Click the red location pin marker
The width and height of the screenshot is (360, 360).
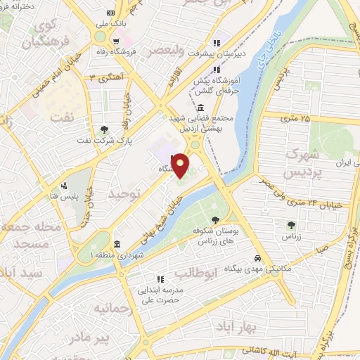(x=181, y=165)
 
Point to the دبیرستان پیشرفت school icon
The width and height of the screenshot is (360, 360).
(x=217, y=40)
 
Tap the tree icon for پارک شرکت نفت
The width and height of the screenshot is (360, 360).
(x=105, y=129)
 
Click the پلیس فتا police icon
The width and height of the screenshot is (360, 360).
(x=64, y=186)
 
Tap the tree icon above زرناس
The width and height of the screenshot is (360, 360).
(x=291, y=225)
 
